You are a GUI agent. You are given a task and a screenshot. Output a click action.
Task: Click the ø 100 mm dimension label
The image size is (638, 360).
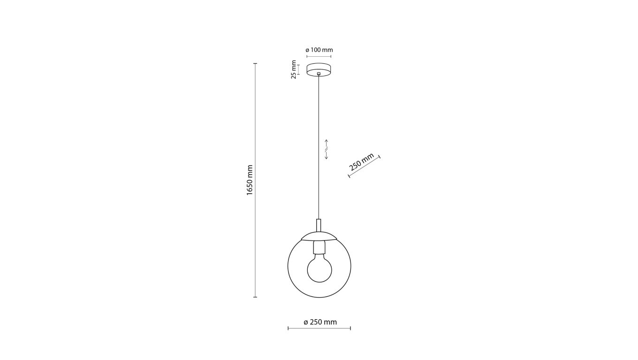click(x=319, y=50)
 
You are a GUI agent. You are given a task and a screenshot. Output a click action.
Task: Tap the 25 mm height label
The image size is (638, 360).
click(x=294, y=69)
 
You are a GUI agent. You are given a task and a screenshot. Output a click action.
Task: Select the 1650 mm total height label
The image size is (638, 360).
click(x=250, y=180)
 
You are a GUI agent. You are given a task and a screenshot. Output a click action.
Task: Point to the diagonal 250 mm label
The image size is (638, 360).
click(x=361, y=162)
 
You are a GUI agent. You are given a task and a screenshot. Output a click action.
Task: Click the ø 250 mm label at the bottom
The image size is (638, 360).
click(x=320, y=322)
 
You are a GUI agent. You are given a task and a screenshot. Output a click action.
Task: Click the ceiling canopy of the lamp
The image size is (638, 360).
click(x=319, y=70)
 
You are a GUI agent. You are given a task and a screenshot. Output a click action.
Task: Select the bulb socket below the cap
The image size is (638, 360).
click(x=319, y=248)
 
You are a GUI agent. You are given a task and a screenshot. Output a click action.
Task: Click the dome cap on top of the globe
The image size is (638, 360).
click(x=319, y=237)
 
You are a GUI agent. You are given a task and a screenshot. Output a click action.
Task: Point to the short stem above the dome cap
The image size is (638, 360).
click(x=319, y=225)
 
